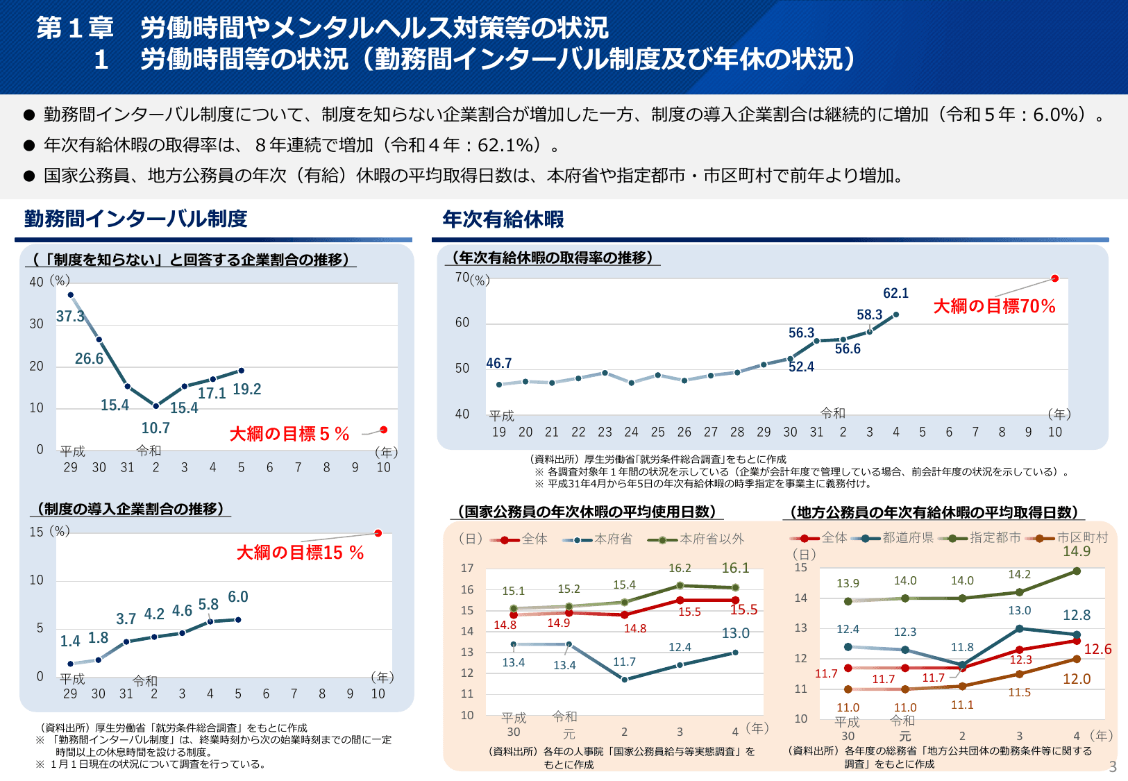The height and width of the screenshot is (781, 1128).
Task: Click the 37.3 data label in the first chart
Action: (70, 317)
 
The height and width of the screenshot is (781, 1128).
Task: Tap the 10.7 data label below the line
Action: (155, 428)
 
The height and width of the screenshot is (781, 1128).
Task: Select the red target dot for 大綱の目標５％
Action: (384, 430)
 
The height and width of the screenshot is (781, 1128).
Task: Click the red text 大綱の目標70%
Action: (994, 306)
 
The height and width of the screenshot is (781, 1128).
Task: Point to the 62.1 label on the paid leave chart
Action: (895, 294)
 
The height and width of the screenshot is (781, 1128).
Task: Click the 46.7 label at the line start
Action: (498, 364)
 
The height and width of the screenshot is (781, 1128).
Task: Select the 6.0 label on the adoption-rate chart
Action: (238, 597)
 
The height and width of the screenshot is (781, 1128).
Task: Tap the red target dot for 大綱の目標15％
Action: (378, 533)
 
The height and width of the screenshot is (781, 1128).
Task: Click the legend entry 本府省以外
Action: (711, 539)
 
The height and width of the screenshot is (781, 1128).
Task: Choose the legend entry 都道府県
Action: (907, 538)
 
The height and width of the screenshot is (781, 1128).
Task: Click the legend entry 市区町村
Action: (1082, 538)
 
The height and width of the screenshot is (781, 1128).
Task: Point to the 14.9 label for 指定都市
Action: (1077, 552)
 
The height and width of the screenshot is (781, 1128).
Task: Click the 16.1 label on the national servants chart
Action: (735, 569)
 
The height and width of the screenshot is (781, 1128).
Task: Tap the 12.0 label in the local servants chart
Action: (1077, 680)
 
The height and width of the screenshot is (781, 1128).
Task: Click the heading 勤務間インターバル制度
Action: (136, 219)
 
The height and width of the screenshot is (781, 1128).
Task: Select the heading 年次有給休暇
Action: (503, 219)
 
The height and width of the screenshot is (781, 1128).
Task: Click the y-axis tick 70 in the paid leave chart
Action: (462, 278)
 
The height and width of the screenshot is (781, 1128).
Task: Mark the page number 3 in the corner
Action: (1113, 766)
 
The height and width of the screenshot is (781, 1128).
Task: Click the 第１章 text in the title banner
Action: (75, 28)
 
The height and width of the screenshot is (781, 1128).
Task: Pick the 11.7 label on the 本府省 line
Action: (624, 662)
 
